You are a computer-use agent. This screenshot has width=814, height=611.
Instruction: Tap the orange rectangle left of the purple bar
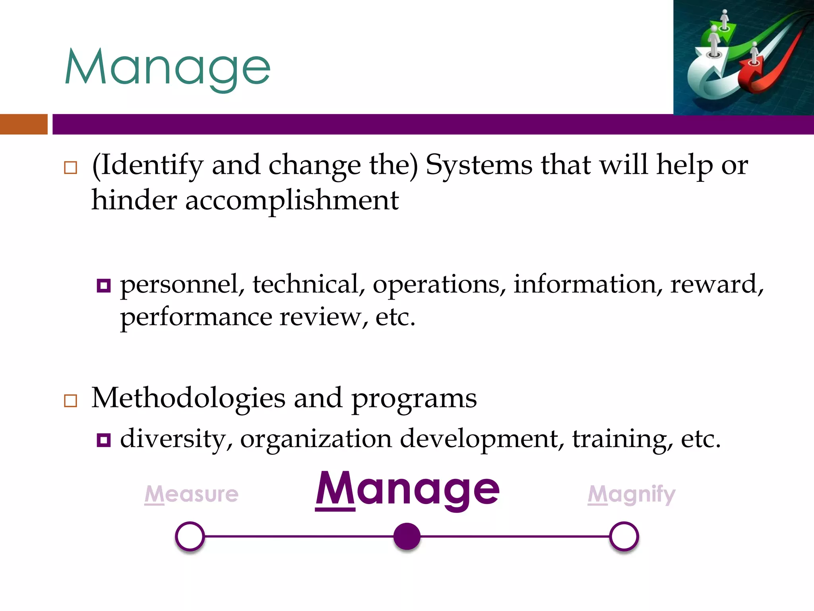tap(23, 124)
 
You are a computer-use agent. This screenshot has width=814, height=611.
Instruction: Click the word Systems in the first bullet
tap(479, 165)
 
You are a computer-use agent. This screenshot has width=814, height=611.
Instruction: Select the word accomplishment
tap(292, 200)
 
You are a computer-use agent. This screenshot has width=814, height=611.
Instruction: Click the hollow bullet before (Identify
tap(70, 167)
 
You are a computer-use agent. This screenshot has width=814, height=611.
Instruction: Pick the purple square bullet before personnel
tap(103, 286)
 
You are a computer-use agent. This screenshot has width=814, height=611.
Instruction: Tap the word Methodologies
tap(188, 398)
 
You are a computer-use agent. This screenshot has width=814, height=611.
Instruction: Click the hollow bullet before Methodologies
tap(70, 400)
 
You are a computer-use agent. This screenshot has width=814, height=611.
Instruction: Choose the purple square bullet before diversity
tap(103, 440)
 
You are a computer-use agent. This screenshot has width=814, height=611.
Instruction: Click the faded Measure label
tap(191, 494)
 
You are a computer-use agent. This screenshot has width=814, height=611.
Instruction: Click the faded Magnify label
tap(632, 494)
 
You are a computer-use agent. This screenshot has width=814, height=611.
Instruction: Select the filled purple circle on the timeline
tap(407, 536)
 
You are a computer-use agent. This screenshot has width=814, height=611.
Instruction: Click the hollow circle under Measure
tap(190, 536)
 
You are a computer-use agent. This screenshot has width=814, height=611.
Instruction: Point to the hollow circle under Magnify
tap(624, 536)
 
